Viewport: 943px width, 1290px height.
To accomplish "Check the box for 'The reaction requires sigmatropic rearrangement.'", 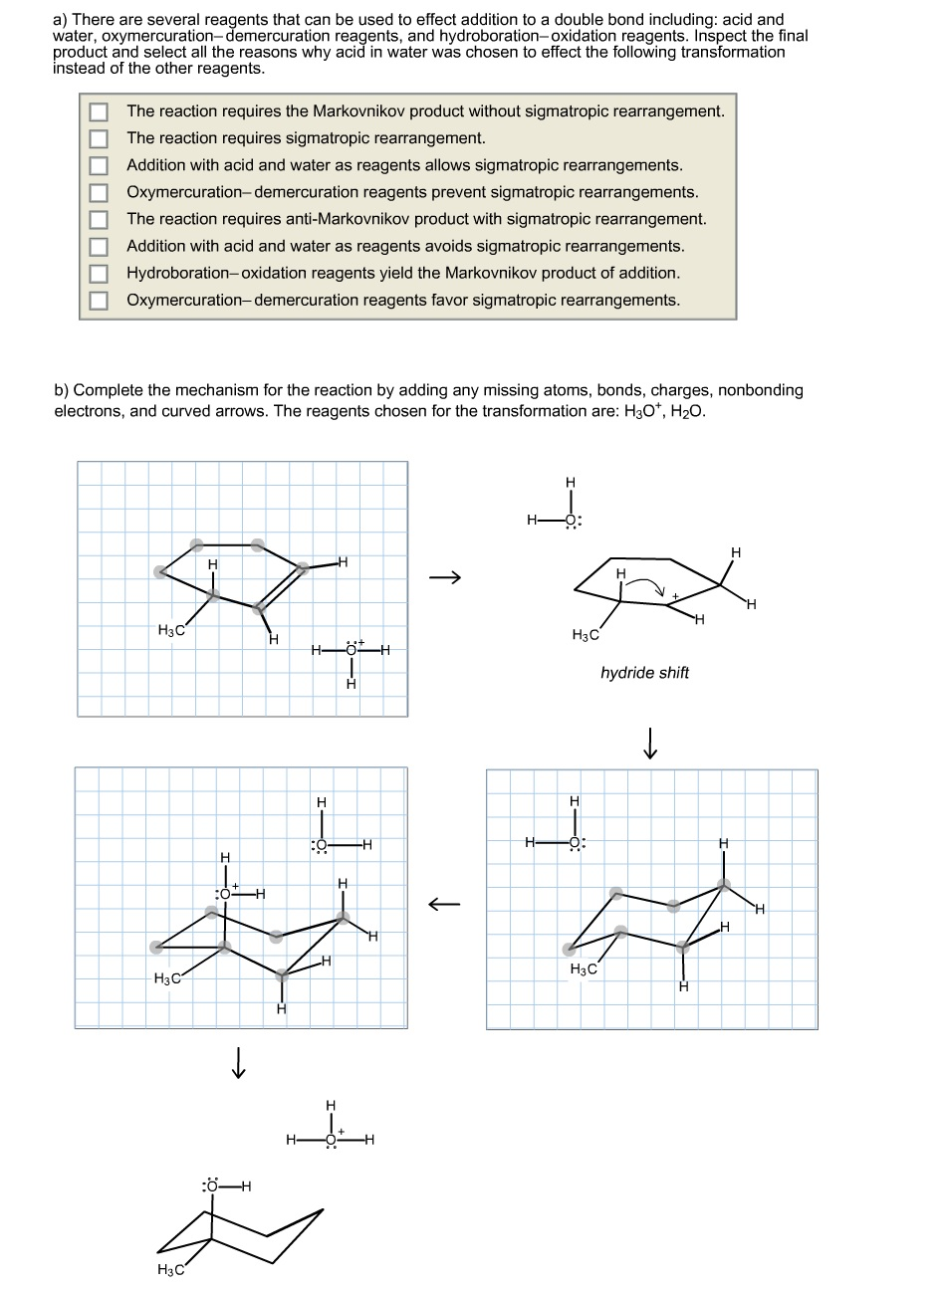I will [x=99, y=138].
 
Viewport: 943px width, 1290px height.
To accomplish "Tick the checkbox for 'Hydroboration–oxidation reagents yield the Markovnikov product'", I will [x=99, y=273].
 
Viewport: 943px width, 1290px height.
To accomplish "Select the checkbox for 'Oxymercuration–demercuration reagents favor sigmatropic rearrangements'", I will [x=99, y=300].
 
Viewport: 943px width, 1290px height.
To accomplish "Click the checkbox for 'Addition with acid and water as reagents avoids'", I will [x=99, y=246].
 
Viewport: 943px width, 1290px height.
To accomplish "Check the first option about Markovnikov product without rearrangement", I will [x=99, y=111].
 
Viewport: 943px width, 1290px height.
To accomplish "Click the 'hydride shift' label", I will [x=644, y=673].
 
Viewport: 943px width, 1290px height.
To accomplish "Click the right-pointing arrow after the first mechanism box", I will [x=445, y=577].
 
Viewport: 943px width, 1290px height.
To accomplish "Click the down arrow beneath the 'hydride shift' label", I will [x=649, y=743].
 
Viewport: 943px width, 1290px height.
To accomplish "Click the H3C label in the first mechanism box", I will [x=171, y=630].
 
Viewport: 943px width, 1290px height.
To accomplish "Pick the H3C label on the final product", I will [x=170, y=1268].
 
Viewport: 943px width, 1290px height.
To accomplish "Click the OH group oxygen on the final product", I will [x=211, y=1185].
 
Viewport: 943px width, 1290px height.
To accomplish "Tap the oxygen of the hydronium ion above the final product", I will [x=332, y=1140].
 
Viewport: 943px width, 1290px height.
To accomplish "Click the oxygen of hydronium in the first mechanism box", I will [x=351, y=651].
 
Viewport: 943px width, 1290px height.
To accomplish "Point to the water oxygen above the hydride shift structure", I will [x=571, y=520].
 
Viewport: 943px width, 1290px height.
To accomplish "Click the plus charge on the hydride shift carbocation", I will [x=675, y=596].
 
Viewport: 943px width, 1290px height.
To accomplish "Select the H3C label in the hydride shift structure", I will [x=585, y=635].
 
